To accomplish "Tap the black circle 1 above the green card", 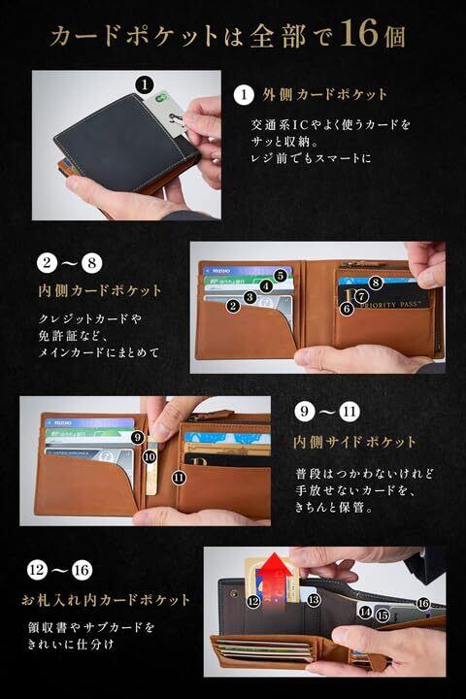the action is [x=145, y=83].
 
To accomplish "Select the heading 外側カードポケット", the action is [x=324, y=94].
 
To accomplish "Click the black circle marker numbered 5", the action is [x=280, y=276].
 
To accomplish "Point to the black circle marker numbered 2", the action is [x=233, y=306].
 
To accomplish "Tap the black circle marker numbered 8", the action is [x=376, y=283].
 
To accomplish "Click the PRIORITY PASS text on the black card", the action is [x=389, y=305].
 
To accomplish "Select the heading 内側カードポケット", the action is [x=99, y=290].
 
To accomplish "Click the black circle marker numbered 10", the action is [x=150, y=456].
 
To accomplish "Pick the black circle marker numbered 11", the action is [x=179, y=478].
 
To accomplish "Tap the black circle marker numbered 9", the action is [x=137, y=438].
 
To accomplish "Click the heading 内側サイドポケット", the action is [x=354, y=442].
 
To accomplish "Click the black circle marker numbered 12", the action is [x=253, y=601].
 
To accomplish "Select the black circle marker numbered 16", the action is [x=422, y=604].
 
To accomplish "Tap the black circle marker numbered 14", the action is [x=365, y=612].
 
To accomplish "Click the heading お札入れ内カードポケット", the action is [x=106, y=600].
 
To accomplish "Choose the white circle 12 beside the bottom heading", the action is [x=38, y=570].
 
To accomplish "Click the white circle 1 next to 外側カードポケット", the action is [x=244, y=94].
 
